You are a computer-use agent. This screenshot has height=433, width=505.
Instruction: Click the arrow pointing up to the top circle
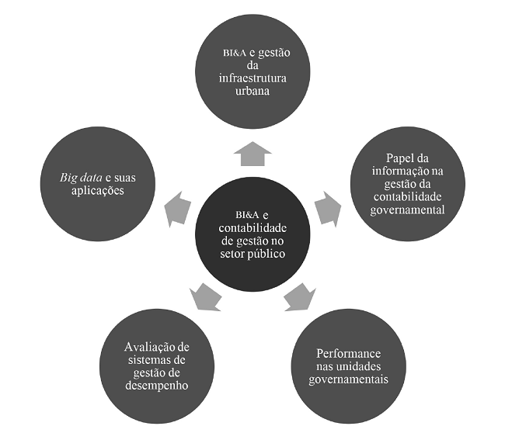(x=252, y=154)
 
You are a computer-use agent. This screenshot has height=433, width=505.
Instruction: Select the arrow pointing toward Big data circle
(x=177, y=207)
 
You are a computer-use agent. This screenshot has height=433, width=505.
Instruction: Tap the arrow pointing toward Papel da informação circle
(x=326, y=207)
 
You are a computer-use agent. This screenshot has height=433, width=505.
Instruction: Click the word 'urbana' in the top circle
(x=252, y=91)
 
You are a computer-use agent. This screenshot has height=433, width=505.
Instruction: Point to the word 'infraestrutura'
(x=252, y=78)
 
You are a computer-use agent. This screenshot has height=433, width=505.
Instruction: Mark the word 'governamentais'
(x=347, y=379)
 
